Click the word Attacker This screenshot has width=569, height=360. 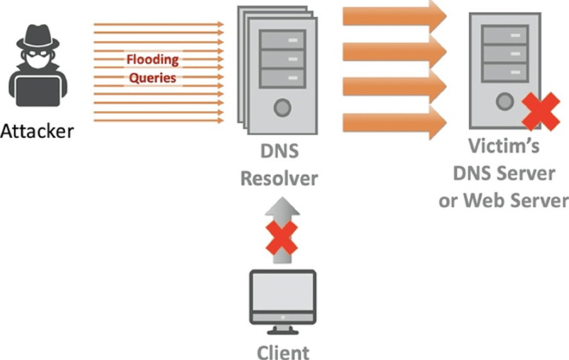(x=37, y=130)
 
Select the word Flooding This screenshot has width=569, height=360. (x=153, y=60)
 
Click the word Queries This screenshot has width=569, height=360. (x=153, y=78)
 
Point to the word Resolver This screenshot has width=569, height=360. (x=279, y=178)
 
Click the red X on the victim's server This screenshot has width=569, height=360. (x=541, y=111)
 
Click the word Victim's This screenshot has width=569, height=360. (x=504, y=145)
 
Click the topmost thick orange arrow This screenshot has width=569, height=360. (x=394, y=16)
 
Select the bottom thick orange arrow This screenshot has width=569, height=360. (x=394, y=123)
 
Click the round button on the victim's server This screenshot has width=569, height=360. (x=503, y=101)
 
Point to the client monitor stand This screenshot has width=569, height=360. (x=283, y=329)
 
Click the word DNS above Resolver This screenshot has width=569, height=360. (x=279, y=151)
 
